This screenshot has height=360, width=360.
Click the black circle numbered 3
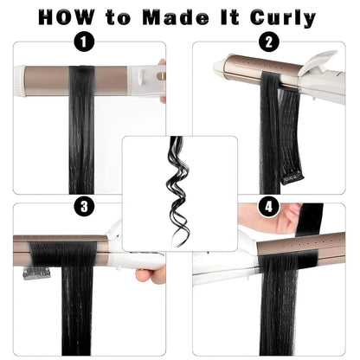83,206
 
